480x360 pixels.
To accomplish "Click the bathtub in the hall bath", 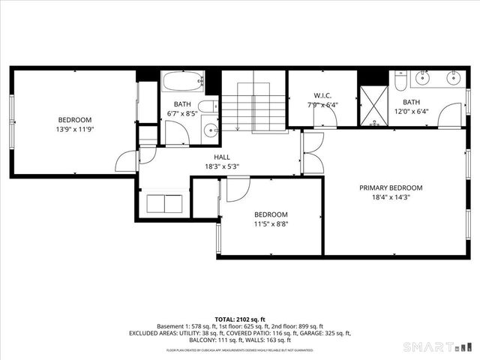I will point(182,79).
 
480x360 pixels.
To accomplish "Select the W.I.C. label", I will point(322,95).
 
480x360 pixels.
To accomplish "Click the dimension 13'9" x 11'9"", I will point(75,129).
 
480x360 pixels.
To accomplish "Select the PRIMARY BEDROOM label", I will point(390,188).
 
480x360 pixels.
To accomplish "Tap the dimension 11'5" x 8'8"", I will point(270,223).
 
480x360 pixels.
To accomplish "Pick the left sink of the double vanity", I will point(424,77).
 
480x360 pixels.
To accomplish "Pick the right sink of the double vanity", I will point(454,77).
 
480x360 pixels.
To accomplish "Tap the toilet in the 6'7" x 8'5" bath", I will point(208,106).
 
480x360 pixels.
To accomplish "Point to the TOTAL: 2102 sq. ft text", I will point(240,318).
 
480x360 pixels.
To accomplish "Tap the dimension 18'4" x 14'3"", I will point(390,198).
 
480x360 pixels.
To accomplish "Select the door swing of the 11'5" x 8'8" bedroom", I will point(237,189).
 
